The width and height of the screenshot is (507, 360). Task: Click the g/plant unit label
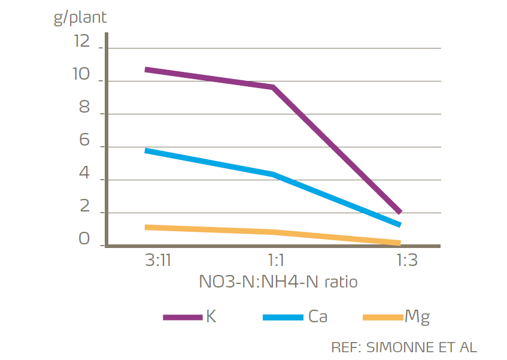coord(80,17)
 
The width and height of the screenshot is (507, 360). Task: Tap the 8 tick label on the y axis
coord(84,108)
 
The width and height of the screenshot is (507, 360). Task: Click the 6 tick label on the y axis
coord(84,141)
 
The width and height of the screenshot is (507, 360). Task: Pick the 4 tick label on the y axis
coord(84,174)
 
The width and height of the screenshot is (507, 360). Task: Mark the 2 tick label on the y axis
coord(84,207)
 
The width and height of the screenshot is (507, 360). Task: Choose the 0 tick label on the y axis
coord(84,239)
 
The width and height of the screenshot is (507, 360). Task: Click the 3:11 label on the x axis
coord(158,262)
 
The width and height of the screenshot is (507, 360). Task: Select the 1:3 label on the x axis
coord(407,262)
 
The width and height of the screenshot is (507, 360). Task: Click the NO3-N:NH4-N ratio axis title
coord(278,282)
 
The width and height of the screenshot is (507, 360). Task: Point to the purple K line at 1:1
coord(273,87)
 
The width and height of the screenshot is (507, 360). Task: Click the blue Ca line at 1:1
coord(273,174)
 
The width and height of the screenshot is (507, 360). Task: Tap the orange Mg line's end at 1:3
coord(399,243)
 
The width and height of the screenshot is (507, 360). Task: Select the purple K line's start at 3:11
coord(147,69)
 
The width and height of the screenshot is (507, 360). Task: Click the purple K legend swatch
coord(183,317)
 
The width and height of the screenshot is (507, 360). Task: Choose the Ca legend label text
coord(317,316)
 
